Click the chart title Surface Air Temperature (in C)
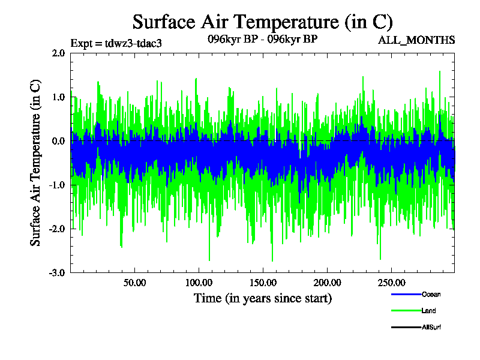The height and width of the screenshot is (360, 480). coord(262,22)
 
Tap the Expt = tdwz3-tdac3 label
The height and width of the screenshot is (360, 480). coord(116,43)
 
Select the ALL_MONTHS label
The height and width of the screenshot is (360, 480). coord(416,40)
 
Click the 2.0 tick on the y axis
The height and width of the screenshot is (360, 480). coord(58,53)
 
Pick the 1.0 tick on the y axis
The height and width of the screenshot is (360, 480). coord(58,97)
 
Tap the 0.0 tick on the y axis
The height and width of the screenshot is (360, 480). coord(58,141)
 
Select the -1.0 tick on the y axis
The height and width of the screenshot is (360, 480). coord(57,185)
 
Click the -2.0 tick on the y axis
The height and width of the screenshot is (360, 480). coord(57,229)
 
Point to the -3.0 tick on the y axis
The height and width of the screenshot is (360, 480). coord(57,272)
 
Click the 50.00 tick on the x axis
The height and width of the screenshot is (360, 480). coord(134,282)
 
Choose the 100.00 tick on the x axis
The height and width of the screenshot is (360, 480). coord(199,282)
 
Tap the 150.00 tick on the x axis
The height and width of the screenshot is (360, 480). coord(262,282)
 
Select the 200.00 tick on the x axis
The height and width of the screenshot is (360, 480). coord(326,282)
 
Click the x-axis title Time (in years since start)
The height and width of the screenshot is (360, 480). coord(262,298)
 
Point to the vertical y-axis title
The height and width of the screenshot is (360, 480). coord(36,163)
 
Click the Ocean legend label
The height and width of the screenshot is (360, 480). coord(431,295)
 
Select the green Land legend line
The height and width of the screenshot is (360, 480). coord(405,311)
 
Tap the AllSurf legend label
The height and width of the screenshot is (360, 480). coord(432,327)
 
